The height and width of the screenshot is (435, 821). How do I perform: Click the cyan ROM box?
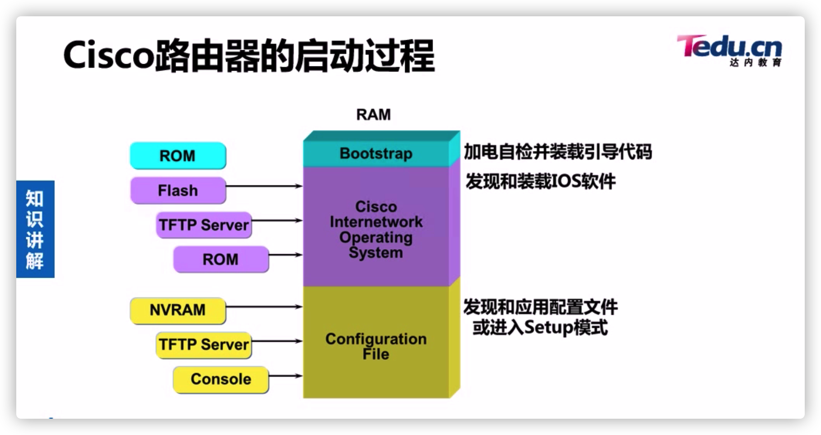pos(177,156)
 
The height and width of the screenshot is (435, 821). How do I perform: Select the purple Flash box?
pos(177,190)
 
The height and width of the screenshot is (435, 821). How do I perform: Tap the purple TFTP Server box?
pos(204,225)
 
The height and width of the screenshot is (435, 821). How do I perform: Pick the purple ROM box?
pos(220,259)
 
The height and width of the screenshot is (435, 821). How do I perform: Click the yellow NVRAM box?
pos(177,310)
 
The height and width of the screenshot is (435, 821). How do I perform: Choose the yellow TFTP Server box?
pos(204,345)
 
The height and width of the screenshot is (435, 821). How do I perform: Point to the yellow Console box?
pos(220,379)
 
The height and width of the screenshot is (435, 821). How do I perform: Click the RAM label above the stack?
pos(373,115)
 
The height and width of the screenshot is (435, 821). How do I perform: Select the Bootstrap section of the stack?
pos(376,154)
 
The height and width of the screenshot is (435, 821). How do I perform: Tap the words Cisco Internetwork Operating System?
pos(376,230)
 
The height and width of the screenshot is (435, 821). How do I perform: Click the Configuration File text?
pos(376,346)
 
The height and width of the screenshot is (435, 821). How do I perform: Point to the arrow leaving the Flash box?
pos(264,186)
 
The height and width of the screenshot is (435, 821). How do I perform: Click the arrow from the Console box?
pos(285,376)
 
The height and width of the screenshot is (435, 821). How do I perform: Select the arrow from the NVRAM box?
pos(264,307)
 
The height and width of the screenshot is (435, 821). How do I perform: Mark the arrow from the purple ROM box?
pos(285,255)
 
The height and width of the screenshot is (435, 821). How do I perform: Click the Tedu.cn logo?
pos(729,50)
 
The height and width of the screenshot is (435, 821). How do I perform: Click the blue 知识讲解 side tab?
pos(35,229)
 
